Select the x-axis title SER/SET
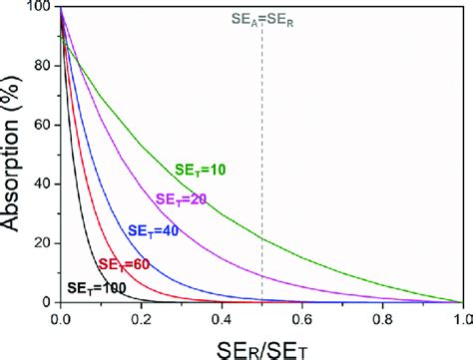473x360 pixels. tap(262, 343)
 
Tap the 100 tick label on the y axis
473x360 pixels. tap(39, 9)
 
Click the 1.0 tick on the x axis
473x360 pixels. tap(462, 317)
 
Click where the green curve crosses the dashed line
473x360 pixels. tap(261, 239)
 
